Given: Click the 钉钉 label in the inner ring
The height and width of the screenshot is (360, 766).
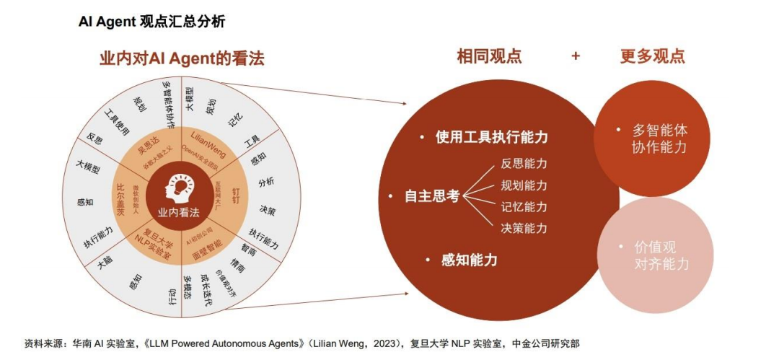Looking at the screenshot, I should click(234, 195).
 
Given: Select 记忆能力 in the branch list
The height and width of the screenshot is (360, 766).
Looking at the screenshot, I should click(524, 206).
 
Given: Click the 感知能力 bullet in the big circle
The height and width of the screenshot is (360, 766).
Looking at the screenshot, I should click(469, 260).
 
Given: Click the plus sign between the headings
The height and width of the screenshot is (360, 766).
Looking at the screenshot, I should click(576, 56).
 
